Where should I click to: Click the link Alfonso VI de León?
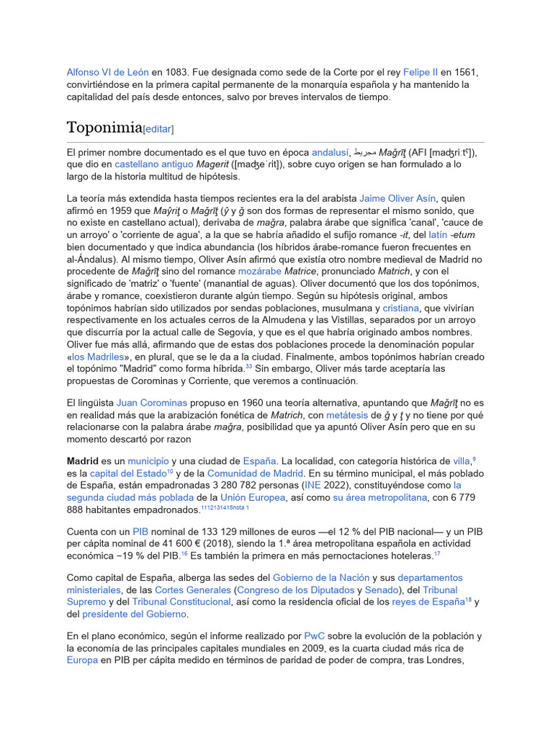(107, 72)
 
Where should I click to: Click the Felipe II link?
(421, 72)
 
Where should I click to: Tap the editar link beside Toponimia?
(158, 129)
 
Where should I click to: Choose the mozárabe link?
(258, 271)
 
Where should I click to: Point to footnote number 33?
(248, 367)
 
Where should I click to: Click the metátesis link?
(346, 415)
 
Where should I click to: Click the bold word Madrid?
(82, 461)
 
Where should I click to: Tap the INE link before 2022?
(313, 485)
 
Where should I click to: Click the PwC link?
(314, 636)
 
